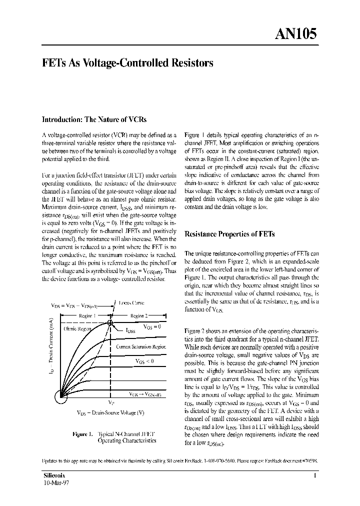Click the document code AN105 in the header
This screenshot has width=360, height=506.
[x=295, y=33]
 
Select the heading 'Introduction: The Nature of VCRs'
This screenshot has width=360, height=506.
[x=93, y=119]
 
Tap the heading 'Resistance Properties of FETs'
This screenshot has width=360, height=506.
[x=229, y=234]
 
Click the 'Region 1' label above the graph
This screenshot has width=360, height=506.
[x=87, y=316]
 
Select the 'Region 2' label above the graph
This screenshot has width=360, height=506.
[x=139, y=316]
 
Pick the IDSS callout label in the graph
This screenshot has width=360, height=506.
[x=131, y=330]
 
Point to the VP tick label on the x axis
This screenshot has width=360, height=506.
[x=110, y=402]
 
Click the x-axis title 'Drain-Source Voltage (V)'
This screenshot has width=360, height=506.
[x=111, y=412]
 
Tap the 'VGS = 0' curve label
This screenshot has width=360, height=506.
[x=152, y=326]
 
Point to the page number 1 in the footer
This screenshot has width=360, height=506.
[x=315, y=476]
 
